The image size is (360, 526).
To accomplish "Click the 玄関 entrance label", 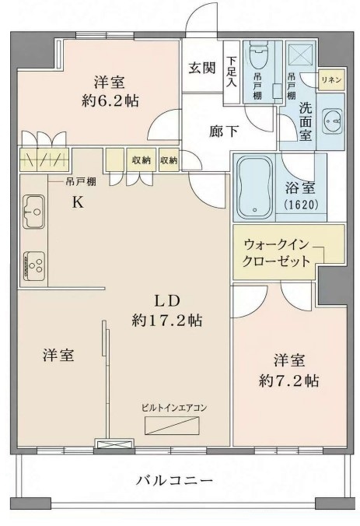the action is tap(202, 68).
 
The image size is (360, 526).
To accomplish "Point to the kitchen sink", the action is tap(33, 212).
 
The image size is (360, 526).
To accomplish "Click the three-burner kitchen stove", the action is tap(34, 265).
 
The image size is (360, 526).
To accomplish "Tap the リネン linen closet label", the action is tap(331, 80).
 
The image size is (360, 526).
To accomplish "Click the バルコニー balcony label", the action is tap(174, 480).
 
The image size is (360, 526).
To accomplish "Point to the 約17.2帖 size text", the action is tap(167, 321).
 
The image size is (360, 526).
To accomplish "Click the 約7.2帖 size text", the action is tap(288, 380).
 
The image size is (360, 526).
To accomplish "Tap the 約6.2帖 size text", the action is tap(110, 100).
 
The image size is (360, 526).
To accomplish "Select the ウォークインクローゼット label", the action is tap(276, 253).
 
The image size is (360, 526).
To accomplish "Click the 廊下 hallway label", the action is tap(224, 131).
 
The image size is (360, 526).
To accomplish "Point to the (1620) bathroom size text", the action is tap(301, 205).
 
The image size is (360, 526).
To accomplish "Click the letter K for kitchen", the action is tap(78, 202).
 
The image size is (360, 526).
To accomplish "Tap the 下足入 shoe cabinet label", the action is tap(231, 72).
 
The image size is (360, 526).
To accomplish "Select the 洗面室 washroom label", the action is tap(306, 121).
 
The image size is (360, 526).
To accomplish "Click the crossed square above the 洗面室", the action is tap(301, 54).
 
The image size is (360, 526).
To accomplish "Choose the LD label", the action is tap(167, 301).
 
